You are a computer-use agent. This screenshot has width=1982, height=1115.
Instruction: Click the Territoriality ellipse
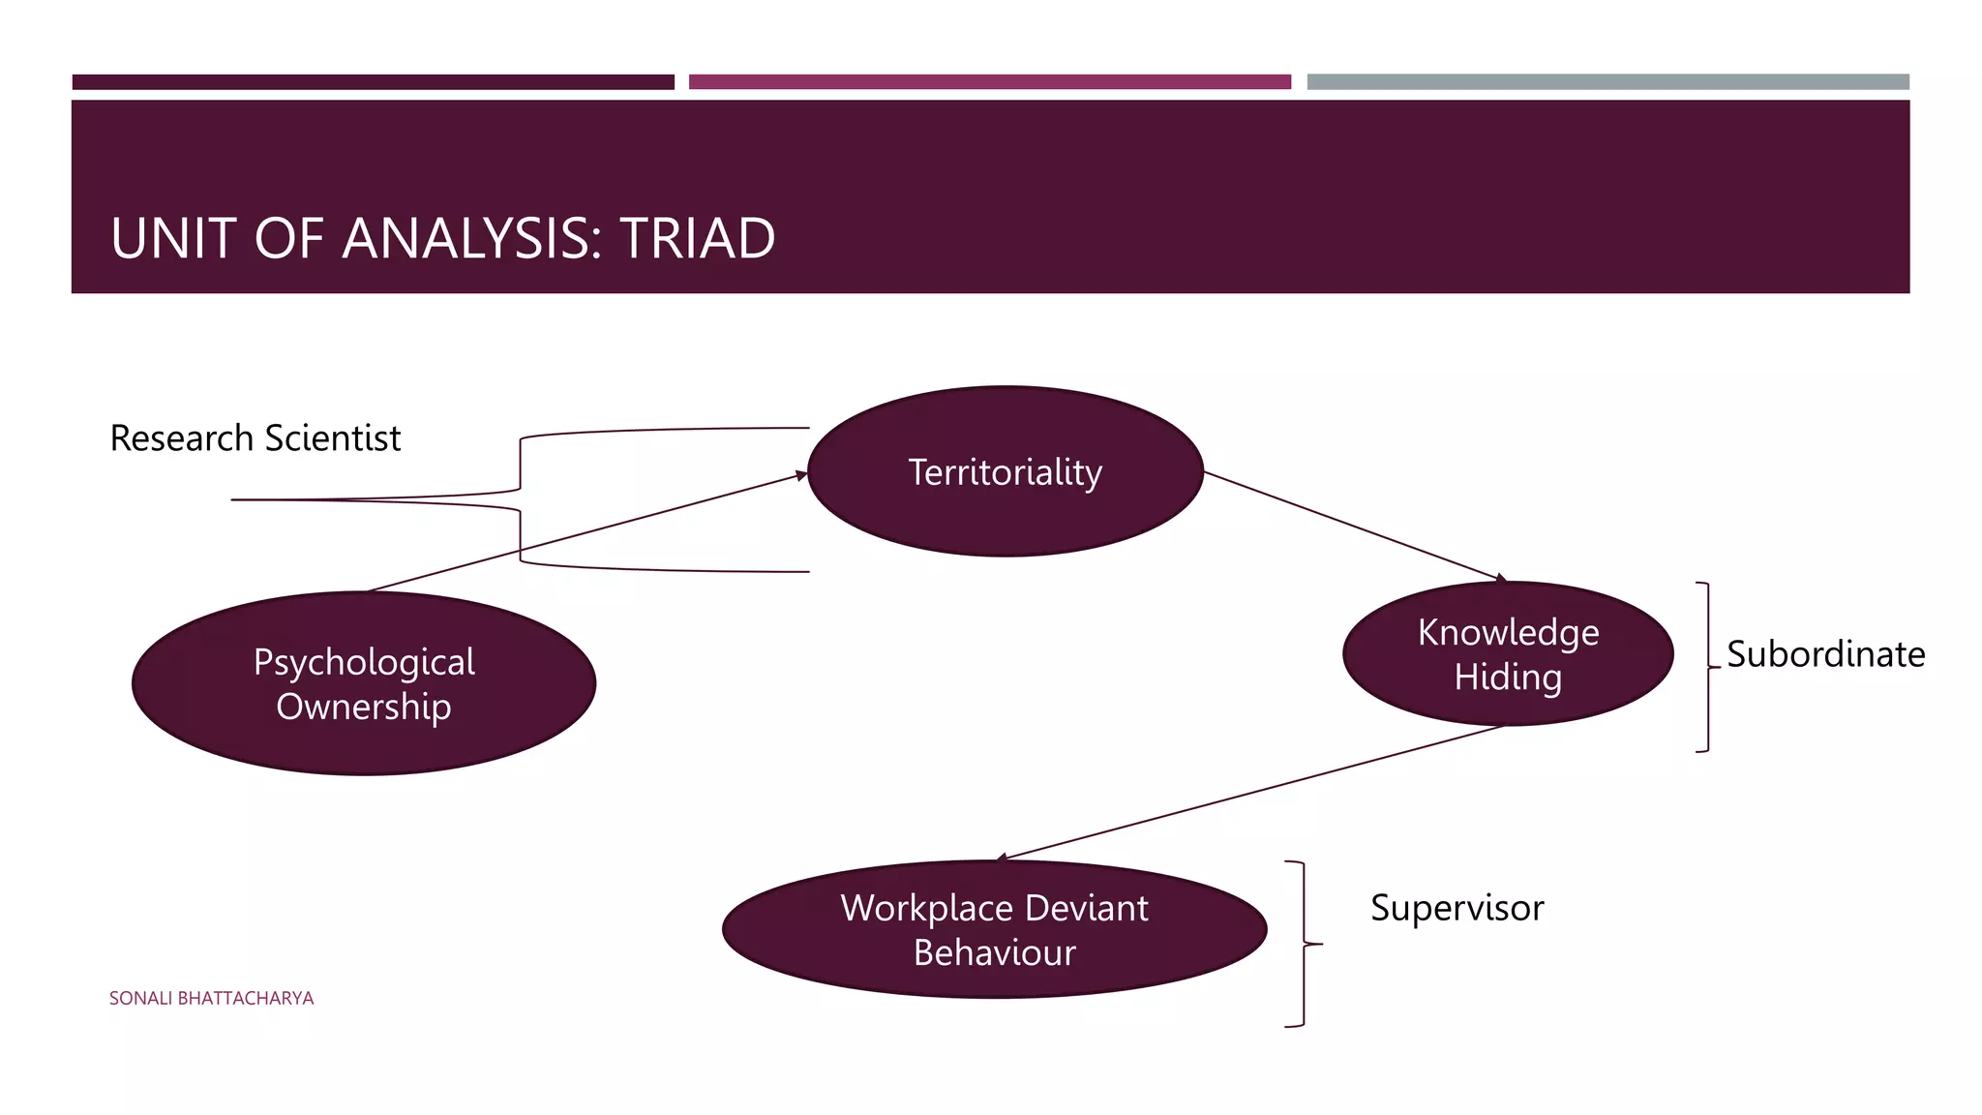tap(1005, 471)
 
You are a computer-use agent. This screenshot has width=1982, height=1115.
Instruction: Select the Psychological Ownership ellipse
tap(363, 683)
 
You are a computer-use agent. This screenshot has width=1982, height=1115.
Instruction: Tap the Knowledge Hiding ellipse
tap(1507, 653)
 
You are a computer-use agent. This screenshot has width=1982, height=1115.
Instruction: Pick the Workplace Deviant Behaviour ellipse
tap(994, 929)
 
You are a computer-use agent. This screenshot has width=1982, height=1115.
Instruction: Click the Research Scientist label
tap(255, 438)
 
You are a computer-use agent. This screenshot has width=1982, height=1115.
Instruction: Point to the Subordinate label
tap(1825, 654)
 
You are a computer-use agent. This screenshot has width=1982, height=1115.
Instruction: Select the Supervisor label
tap(1456, 908)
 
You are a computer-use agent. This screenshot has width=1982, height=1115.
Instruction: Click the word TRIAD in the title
tap(697, 238)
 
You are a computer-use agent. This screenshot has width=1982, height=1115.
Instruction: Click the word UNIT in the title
tap(174, 238)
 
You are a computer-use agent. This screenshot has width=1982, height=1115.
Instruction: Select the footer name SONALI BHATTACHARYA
tap(211, 998)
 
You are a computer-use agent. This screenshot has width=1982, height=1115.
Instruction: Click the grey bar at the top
tap(1607, 82)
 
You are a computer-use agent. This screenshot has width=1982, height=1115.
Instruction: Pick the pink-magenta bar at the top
tap(989, 82)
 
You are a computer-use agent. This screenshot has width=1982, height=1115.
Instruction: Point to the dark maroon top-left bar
tap(373, 82)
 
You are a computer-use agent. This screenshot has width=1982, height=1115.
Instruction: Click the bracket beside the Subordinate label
tap(1707, 667)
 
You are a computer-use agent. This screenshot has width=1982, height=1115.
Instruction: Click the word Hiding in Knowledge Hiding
tap(1507, 677)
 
